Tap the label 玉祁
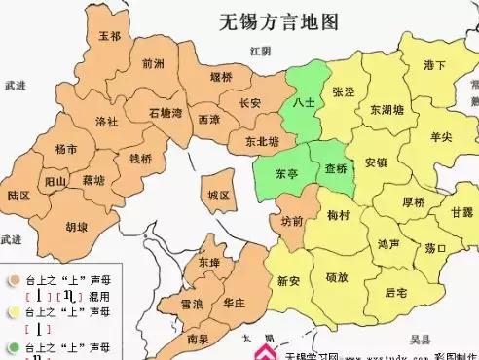(110, 37)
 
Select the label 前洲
(153, 64)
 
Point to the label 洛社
(106, 122)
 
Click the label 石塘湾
(166, 113)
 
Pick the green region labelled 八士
(303, 101)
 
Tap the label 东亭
(286, 173)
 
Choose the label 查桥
(335, 168)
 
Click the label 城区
(218, 196)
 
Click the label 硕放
(337, 277)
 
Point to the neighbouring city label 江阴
(258, 50)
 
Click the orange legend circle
(14, 280)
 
